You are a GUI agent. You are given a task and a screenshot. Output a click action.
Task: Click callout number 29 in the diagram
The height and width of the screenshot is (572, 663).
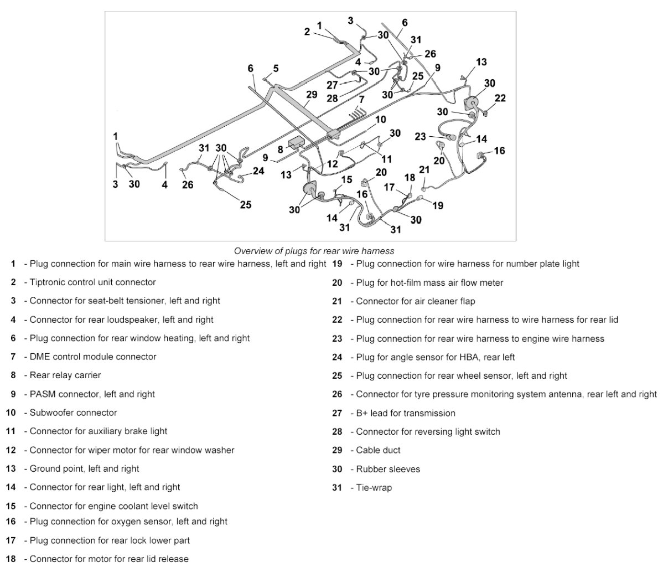click(312, 95)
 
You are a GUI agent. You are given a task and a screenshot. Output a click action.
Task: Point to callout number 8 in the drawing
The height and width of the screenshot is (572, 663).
click(281, 148)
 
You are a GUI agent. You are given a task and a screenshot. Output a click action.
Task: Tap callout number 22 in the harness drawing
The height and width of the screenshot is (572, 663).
click(500, 99)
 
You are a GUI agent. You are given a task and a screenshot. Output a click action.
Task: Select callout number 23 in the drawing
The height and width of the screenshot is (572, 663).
click(421, 136)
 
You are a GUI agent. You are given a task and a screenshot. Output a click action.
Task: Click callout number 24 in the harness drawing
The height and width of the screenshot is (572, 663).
click(258, 171)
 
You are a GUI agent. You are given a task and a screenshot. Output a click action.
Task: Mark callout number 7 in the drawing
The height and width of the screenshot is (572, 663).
click(361, 100)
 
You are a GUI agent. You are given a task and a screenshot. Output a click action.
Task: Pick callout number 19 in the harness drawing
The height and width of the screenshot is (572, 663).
click(438, 205)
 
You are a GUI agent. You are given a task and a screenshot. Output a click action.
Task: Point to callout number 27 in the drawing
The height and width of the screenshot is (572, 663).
click(332, 85)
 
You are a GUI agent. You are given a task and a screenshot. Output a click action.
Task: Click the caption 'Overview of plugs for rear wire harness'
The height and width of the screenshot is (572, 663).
click(314, 251)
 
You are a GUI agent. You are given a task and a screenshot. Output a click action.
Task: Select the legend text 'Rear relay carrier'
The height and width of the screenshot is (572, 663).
click(65, 375)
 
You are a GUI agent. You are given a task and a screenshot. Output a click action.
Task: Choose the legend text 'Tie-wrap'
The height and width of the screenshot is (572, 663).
click(374, 488)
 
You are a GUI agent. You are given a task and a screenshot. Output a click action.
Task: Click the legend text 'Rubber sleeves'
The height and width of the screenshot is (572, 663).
click(388, 469)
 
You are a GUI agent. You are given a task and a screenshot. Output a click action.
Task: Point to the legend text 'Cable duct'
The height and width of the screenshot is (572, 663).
click(378, 450)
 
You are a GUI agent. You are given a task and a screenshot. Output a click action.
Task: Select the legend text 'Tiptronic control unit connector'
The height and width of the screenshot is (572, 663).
click(92, 282)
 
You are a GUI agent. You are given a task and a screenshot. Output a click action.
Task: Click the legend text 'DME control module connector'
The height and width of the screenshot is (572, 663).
click(93, 357)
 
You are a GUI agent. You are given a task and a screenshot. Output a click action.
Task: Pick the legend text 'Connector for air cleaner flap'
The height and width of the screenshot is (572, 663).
click(415, 301)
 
